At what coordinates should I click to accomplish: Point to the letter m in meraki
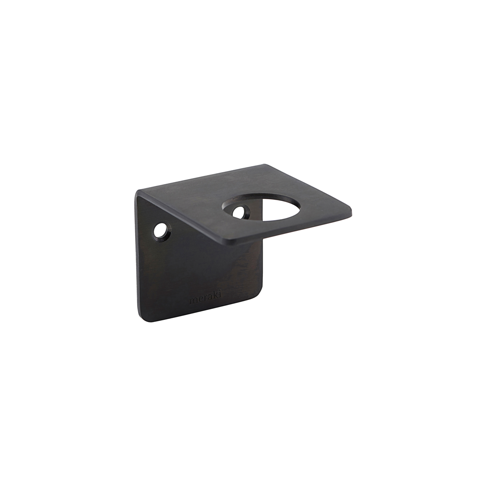click(193, 301)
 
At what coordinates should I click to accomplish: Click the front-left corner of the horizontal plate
click(229, 242)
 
